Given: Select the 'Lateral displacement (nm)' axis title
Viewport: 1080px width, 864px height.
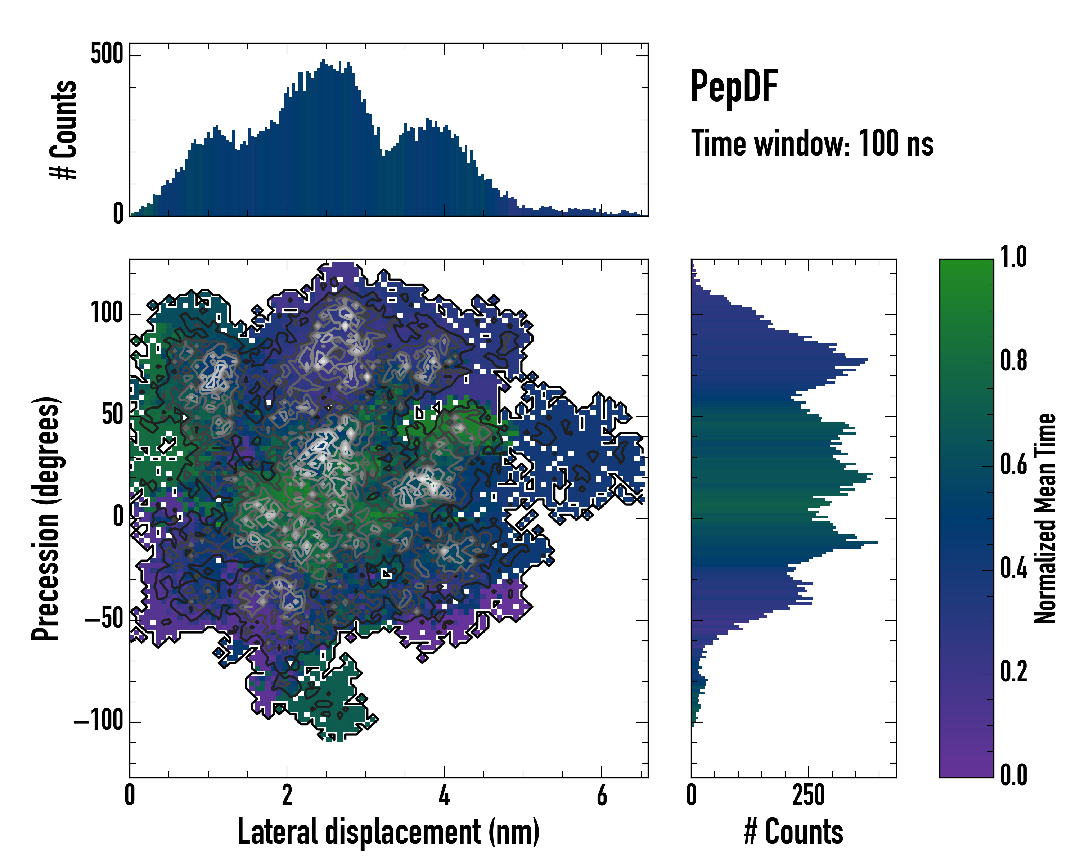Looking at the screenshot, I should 388,832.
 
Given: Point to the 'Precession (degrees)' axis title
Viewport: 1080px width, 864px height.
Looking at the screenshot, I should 46,518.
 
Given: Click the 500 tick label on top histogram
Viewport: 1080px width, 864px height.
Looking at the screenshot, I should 107,54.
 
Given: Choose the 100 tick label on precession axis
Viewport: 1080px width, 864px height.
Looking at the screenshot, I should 107,314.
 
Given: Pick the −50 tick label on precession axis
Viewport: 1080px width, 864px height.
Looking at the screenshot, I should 104,620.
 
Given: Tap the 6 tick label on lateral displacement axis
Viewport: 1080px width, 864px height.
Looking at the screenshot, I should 602,795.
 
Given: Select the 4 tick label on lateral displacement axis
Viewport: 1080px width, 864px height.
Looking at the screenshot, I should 444,795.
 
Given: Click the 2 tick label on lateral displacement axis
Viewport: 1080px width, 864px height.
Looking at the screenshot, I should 287,795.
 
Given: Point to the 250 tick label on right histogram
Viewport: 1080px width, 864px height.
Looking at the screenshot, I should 808,795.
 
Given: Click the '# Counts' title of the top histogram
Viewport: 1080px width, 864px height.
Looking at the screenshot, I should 64,130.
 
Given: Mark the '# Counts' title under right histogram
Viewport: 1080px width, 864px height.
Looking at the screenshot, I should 793,832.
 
